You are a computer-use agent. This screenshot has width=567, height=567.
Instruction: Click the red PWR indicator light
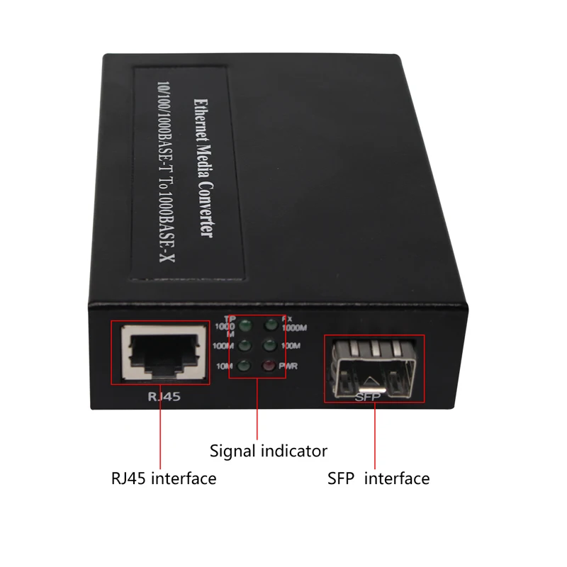coord(269,366)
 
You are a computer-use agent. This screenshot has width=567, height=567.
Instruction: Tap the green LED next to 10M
coord(245,366)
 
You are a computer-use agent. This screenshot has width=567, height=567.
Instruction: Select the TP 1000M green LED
coord(245,326)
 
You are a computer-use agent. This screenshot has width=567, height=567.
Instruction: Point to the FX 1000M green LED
coord(269,326)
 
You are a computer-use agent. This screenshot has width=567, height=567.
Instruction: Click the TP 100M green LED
coord(245,346)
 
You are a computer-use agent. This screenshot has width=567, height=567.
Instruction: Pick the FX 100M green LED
coord(269,346)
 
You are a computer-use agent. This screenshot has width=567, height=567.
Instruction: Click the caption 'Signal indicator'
coord(269,450)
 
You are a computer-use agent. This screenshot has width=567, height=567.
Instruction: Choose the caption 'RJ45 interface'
coord(163,478)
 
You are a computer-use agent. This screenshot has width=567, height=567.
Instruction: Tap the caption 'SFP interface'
coord(378,478)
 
